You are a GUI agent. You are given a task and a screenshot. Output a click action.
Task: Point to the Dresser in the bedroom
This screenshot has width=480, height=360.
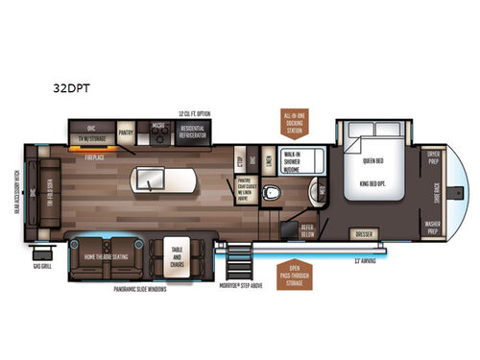pos(365,232)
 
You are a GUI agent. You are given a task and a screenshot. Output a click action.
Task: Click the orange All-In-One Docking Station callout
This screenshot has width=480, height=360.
pos(294,121)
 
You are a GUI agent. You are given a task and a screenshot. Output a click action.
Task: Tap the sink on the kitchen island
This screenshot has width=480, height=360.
pos(151,179)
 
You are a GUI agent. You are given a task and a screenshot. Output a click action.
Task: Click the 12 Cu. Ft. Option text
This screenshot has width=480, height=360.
pos(196,114)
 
